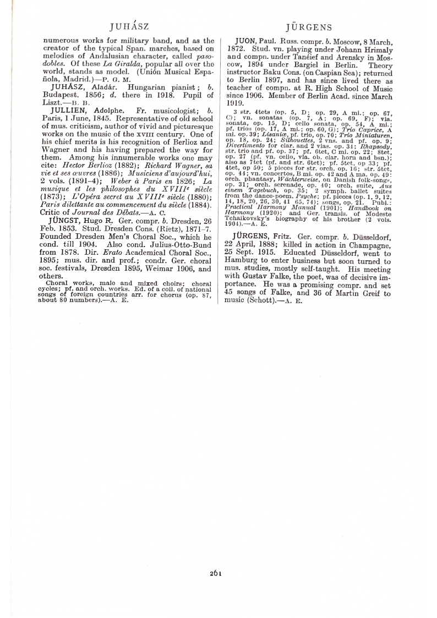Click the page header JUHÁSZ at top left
pos(129,26)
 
